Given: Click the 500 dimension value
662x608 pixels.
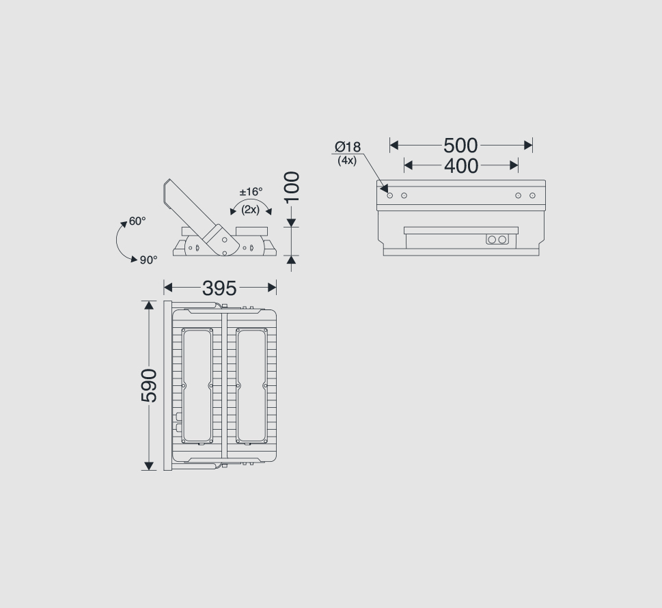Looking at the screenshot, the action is pos(460,146).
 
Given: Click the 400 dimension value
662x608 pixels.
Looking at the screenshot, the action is pos(461,166).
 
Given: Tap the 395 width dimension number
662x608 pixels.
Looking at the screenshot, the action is pos(219,288).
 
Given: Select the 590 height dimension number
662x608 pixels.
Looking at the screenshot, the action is pos(149,385).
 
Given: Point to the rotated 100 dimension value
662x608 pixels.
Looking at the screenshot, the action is pos(292,187).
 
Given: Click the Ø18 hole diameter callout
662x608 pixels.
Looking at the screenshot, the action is pos(348,147).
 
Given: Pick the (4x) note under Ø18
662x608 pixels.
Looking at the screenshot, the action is pos(347,161).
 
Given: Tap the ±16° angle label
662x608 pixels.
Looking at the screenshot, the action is pos(251,192).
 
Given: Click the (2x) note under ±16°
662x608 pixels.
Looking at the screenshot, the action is pos(250,210).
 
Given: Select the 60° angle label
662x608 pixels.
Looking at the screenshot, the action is pos(137,221).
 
